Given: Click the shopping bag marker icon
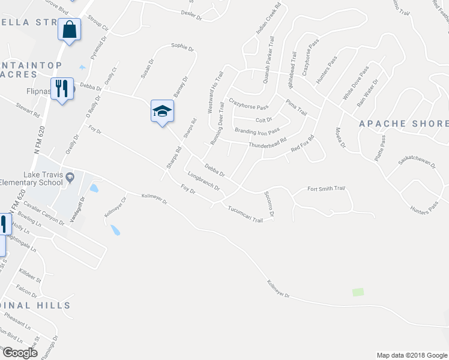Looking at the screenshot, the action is point(70,29).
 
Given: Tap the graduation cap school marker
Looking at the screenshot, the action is point(161,111).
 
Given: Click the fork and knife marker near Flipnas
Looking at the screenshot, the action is point(62,89).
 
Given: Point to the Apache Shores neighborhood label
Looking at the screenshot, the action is point(403,124).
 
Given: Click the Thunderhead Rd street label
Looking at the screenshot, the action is point(267,145).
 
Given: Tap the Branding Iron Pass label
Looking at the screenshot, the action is point(257,131).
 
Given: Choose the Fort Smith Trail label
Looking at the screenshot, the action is point(327,188).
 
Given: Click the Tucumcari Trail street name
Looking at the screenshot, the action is point(246,215).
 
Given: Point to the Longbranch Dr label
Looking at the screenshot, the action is point(203,182).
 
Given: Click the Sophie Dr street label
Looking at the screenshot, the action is point(182,46).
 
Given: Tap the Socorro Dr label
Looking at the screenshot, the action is point(268,204).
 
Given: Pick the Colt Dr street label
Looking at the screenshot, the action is point(264,119).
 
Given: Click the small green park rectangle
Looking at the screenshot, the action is point(358,292).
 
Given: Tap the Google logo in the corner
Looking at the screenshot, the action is point(20,352).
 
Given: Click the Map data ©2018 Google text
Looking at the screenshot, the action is point(411,355).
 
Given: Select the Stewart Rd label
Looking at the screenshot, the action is point(28,109).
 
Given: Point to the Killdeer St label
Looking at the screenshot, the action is point(29,275).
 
